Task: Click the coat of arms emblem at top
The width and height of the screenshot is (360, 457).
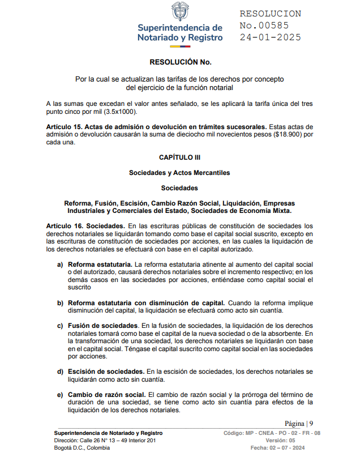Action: coord(179,12)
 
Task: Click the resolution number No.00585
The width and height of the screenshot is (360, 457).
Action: coord(264,25)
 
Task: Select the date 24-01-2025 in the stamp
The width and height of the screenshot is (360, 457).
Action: coord(270,37)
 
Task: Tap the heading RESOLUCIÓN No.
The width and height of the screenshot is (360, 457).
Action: coord(180,62)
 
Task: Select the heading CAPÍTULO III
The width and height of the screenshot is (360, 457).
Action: coord(179,157)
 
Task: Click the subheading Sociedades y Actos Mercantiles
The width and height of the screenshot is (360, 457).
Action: coord(179,172)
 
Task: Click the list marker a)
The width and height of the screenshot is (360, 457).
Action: coord(59,264)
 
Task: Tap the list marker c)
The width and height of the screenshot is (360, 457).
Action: coord(59,326)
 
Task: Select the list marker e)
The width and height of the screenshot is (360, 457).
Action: coord(59,394)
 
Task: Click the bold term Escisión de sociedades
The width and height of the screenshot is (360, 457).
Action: coord(106,371)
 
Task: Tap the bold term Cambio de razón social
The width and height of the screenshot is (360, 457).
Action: coord(106,394)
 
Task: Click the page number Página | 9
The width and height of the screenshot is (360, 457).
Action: coord(299,423)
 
